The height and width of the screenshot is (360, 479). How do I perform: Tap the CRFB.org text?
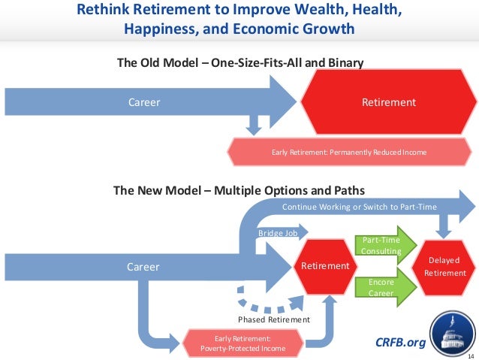pyautogui.click(x=400, y=343)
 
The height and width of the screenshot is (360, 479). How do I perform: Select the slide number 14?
pyautogui.click(x=471, y=355)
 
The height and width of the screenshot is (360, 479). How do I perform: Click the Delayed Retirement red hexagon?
pyautogui.click(x=445, y=266)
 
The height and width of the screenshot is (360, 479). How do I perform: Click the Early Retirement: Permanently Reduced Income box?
pyautogui.click(x=348, y=152)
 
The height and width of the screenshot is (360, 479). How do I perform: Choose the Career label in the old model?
pyautogui.click(x=143, y=102)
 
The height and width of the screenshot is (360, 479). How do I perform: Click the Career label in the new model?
pyautogui.click(x=143, y=266)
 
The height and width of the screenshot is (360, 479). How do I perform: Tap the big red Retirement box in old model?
pyautogui.click(x=388, y=102)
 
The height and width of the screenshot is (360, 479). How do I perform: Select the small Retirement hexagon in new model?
pyautogui.click(x=325, y=266)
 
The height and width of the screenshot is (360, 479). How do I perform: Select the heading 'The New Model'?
pyautogui.click(x=239, y=190)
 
